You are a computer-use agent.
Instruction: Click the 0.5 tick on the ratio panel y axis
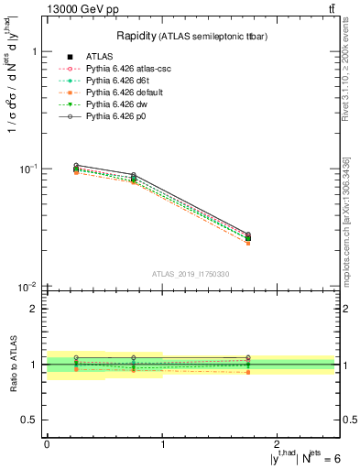click(x=32, y=420)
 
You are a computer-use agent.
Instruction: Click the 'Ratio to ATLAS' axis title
click(x=12, y=364)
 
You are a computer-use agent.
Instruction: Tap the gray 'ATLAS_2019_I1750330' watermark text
click(x=191, y=274)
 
